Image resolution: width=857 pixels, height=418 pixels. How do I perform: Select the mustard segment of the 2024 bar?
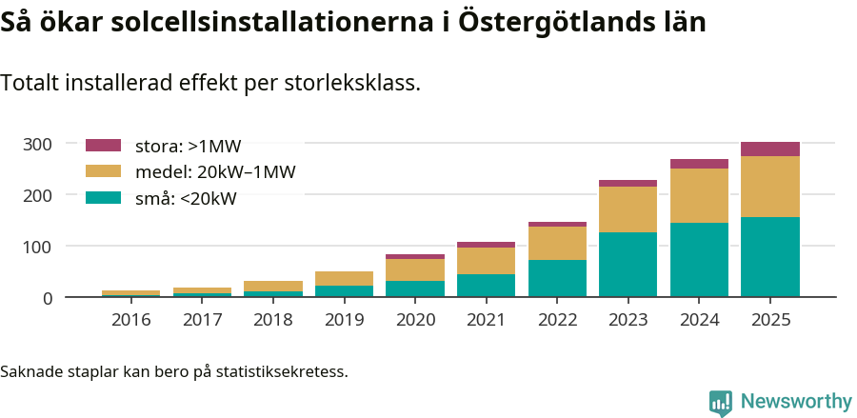pyautogui.click(x=699, y=196)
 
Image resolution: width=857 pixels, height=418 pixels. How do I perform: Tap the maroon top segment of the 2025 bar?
pyautogui.click(x=769, y=149)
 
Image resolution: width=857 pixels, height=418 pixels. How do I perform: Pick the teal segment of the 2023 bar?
pyautogui.click(x=628, y=265)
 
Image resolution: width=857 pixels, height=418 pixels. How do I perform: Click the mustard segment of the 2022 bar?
pyautogui.click(x=557, y=243)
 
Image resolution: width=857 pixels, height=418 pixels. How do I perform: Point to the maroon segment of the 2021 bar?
pyautogui.click(x=486, y=245)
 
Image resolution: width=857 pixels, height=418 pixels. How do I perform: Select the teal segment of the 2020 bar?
pyautogui.click(x=415, y=289)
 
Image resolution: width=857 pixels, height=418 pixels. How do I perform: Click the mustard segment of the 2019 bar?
pyautogui.click(x=344, y=278)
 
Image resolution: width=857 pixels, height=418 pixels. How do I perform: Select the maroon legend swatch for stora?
pyautogui.click(x=103, y=146)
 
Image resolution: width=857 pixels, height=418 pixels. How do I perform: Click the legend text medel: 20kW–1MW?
pyautogui.click(x=215, y=172)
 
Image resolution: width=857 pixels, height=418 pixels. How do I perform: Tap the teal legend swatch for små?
pyautogui.click(x=103, y=198)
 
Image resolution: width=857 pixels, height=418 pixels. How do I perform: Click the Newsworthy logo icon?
pyautogui.click(x=721, y=402)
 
